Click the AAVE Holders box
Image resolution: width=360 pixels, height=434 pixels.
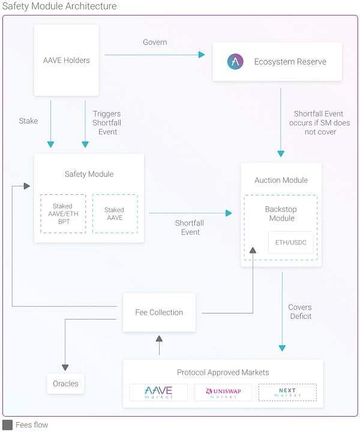(66, 60)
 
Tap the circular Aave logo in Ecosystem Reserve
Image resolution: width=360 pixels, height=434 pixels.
(235, 62)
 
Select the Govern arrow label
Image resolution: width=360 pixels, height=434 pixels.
(155, 43)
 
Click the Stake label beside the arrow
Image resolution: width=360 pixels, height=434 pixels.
(28, 121)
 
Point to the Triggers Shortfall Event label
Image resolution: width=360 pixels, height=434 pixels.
(107, 123)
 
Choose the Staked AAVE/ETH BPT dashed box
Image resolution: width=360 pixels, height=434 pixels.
(62, 214)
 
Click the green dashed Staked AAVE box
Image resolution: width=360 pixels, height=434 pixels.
(114, 214)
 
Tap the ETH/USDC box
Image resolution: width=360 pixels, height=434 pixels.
(290, 242)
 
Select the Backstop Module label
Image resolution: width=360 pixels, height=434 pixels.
(281, 214)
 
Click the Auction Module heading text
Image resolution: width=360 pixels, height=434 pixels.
(281, 180)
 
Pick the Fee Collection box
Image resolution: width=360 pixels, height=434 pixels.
(159, 312)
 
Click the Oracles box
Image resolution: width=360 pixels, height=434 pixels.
(65, 384)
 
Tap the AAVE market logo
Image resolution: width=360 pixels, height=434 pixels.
(158, 393)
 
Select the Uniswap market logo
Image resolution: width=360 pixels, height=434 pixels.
(223, 393)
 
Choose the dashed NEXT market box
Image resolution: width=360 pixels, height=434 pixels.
(287, 393)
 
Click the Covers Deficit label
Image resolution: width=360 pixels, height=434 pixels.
(300, 312)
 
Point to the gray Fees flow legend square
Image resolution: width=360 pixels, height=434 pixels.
(7, 425)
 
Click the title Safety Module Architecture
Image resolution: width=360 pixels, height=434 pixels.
(59, 7)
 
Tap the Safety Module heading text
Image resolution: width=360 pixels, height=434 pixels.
(89, 174)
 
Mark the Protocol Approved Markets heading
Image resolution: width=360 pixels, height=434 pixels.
(223, 373)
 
